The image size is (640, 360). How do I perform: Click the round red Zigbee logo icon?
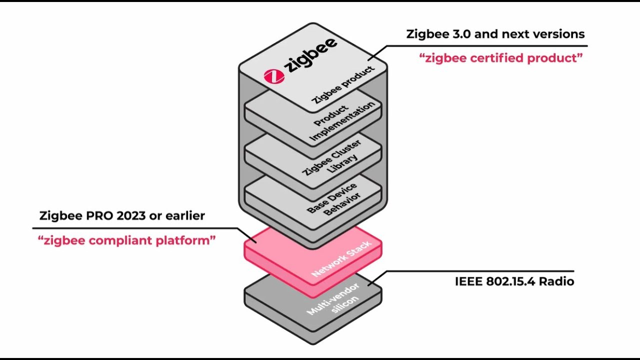click(x=274, y=75)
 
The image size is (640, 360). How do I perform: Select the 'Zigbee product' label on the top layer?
click(x=343, y=84)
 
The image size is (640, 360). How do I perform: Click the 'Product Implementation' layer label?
click(x=342, y=121)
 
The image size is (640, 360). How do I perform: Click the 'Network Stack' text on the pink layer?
click(x=341, y=259)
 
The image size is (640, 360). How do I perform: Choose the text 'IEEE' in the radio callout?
click(x=468, y=281)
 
